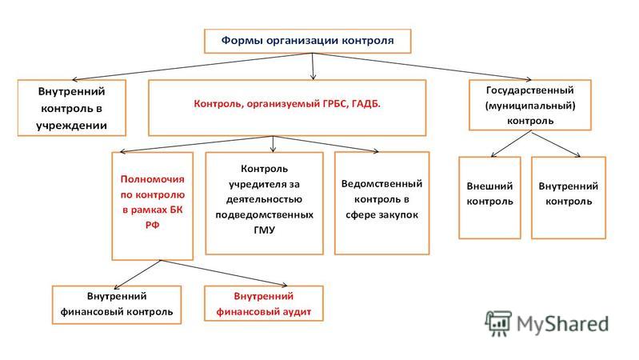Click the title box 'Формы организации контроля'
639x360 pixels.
307,41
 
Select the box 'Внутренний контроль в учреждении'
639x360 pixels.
72,108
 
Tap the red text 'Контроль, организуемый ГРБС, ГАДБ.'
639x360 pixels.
287,103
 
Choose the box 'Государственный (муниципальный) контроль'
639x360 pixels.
529,105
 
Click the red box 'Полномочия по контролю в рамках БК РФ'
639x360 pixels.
153,206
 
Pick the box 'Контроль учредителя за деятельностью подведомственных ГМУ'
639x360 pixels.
265,203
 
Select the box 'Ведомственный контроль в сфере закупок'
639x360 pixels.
381,203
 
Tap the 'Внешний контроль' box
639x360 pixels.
489,198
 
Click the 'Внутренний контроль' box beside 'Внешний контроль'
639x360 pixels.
569,198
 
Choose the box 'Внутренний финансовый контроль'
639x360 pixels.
117,305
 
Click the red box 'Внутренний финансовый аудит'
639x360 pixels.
264,303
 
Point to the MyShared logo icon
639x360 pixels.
498,323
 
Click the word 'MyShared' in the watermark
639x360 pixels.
562,324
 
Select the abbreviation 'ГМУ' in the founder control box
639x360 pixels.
265,230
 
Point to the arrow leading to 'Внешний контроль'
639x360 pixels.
511,143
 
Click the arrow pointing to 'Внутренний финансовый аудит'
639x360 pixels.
224,273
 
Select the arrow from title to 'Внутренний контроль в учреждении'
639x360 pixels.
193,66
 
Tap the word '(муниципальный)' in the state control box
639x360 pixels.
530,106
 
